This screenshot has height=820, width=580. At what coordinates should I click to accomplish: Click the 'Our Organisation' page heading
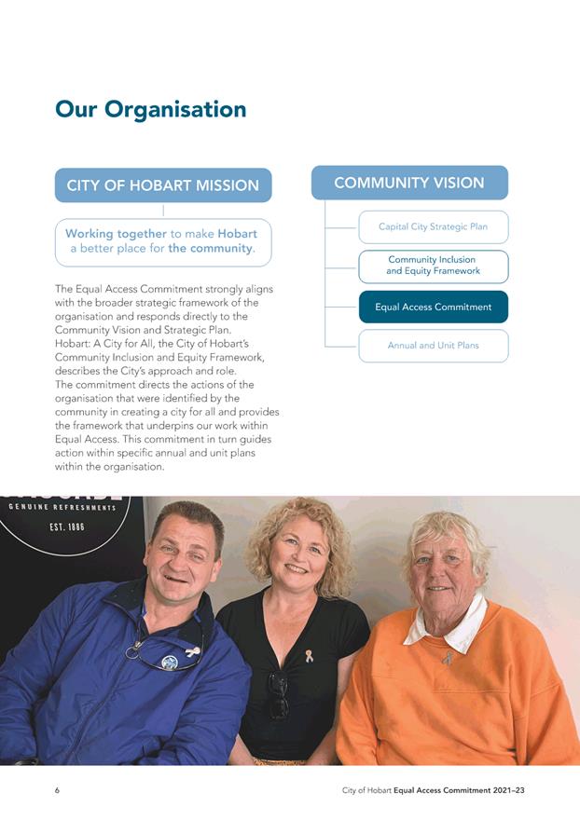(x=151, y=110)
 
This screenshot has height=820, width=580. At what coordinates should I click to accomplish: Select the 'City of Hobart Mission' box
(x=163, y=184)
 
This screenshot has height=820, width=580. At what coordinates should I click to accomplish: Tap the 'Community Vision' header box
(x=409, y=183)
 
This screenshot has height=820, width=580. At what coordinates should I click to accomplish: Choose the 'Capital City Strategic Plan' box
(x=433, y=226)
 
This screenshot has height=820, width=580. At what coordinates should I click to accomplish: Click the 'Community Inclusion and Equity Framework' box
(x=433, y=266)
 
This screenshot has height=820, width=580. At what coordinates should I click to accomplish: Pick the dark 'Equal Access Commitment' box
(x=433, y=307)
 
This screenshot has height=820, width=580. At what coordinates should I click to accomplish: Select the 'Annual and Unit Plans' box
(x=433, y=346)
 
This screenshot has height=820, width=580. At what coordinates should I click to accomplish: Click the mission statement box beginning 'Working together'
(x=163, y=241)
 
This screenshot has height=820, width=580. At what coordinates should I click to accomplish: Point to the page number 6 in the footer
(x=57, y=791)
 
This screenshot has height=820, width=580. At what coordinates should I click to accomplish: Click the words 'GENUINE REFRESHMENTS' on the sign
(x=62, y=508)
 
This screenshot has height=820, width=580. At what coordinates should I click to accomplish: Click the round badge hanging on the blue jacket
(x=169, y=663)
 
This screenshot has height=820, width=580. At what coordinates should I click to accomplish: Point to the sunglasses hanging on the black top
(x=278, y=695)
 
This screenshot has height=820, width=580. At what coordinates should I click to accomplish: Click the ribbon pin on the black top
(x=309, y=656)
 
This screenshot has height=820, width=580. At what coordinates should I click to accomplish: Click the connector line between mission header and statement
(x=163, y=211)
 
